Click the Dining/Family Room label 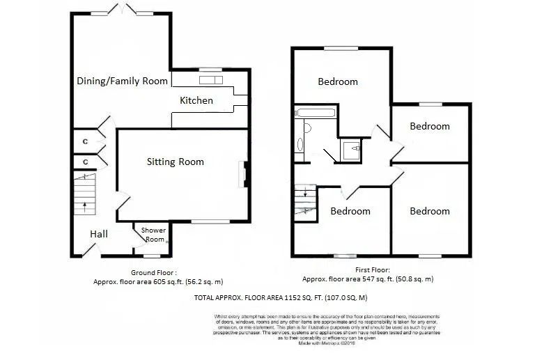coord(122,81)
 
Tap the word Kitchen coord(196,100)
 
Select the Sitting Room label coord(175,162)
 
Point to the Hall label coord(98,234)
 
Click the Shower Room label coord(153,235)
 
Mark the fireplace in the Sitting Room coord(243,174)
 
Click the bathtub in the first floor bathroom coord(315,113)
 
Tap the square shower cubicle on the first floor coord(351,148)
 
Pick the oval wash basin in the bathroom coord(300,144)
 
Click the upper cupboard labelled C coord(85,141)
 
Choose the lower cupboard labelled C coord(85,162)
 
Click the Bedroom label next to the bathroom coord(338,81)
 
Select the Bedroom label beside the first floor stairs coord(350,211)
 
